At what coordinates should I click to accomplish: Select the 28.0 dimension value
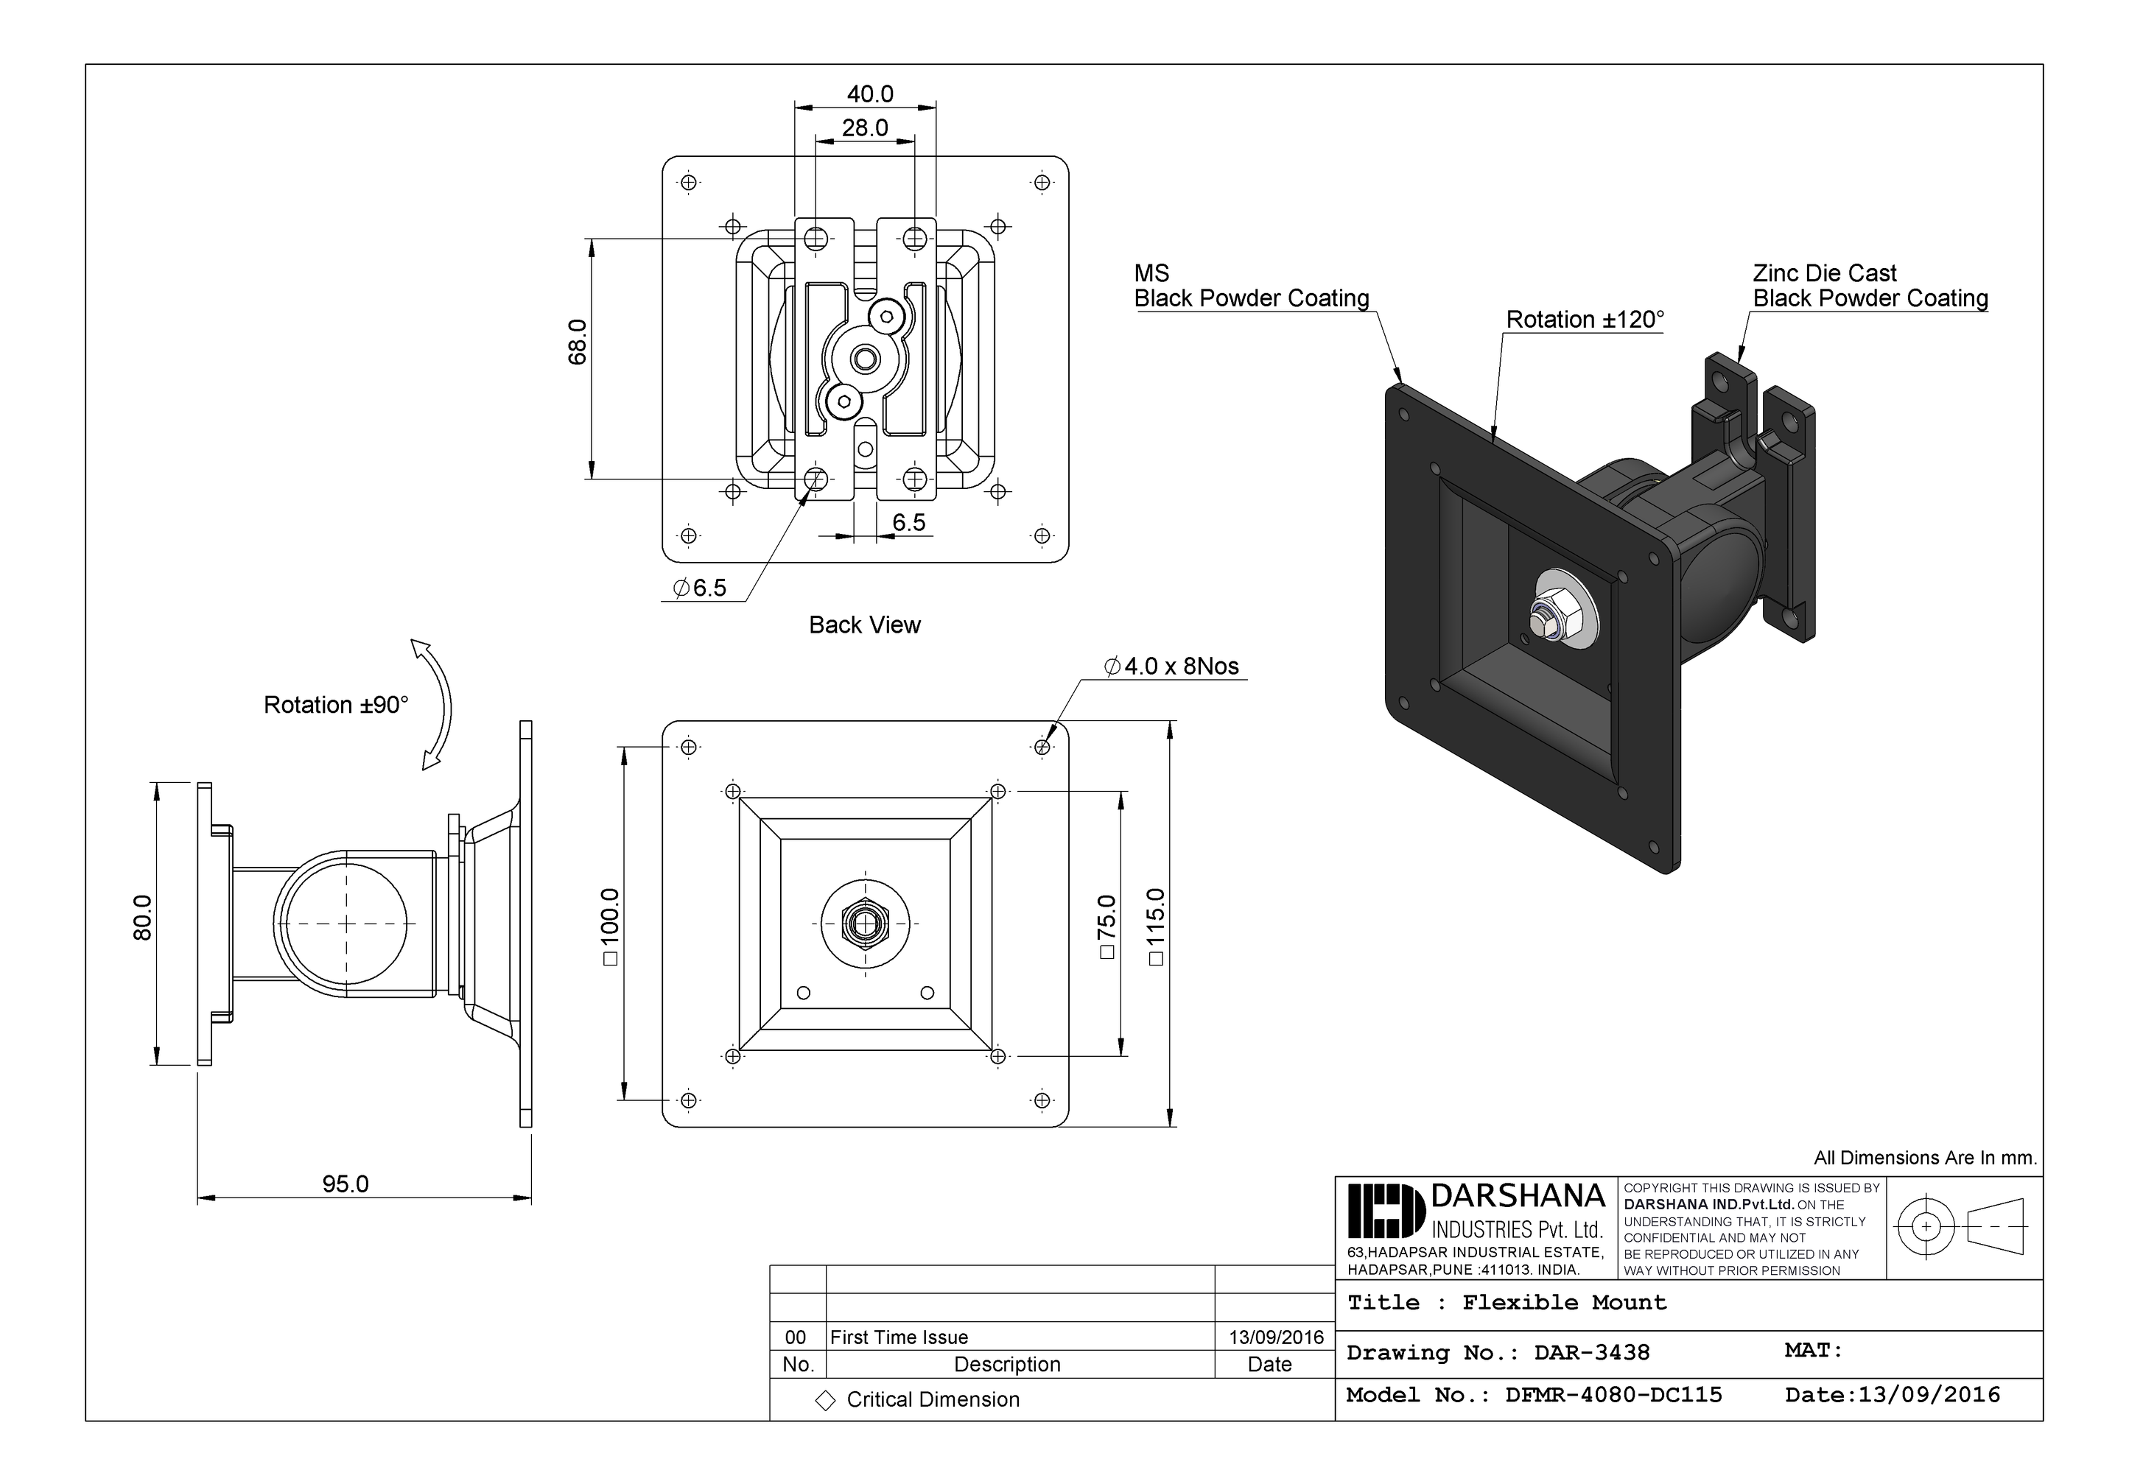point(864,128)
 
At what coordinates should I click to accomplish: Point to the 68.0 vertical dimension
point(578,341)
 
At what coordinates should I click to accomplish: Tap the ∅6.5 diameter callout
point(700,588)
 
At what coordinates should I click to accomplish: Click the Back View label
point(864,625)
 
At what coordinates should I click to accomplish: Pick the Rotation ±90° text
point(336,706)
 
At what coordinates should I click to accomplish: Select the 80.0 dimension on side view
point(143,918)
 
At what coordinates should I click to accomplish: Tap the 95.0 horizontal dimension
point(345,1184)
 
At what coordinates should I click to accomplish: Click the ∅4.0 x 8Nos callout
point(1172,667)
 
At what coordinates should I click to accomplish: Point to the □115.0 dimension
point(1155,927)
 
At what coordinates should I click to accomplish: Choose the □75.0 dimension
point(1106,927)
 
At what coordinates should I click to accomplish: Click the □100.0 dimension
point(610,927)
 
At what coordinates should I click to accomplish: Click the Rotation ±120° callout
point(1584,320)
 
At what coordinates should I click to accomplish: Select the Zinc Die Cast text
point(1824,273)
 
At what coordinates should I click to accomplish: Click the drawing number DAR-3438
point(1591,1352)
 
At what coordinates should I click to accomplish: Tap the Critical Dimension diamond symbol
point(824,1401)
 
